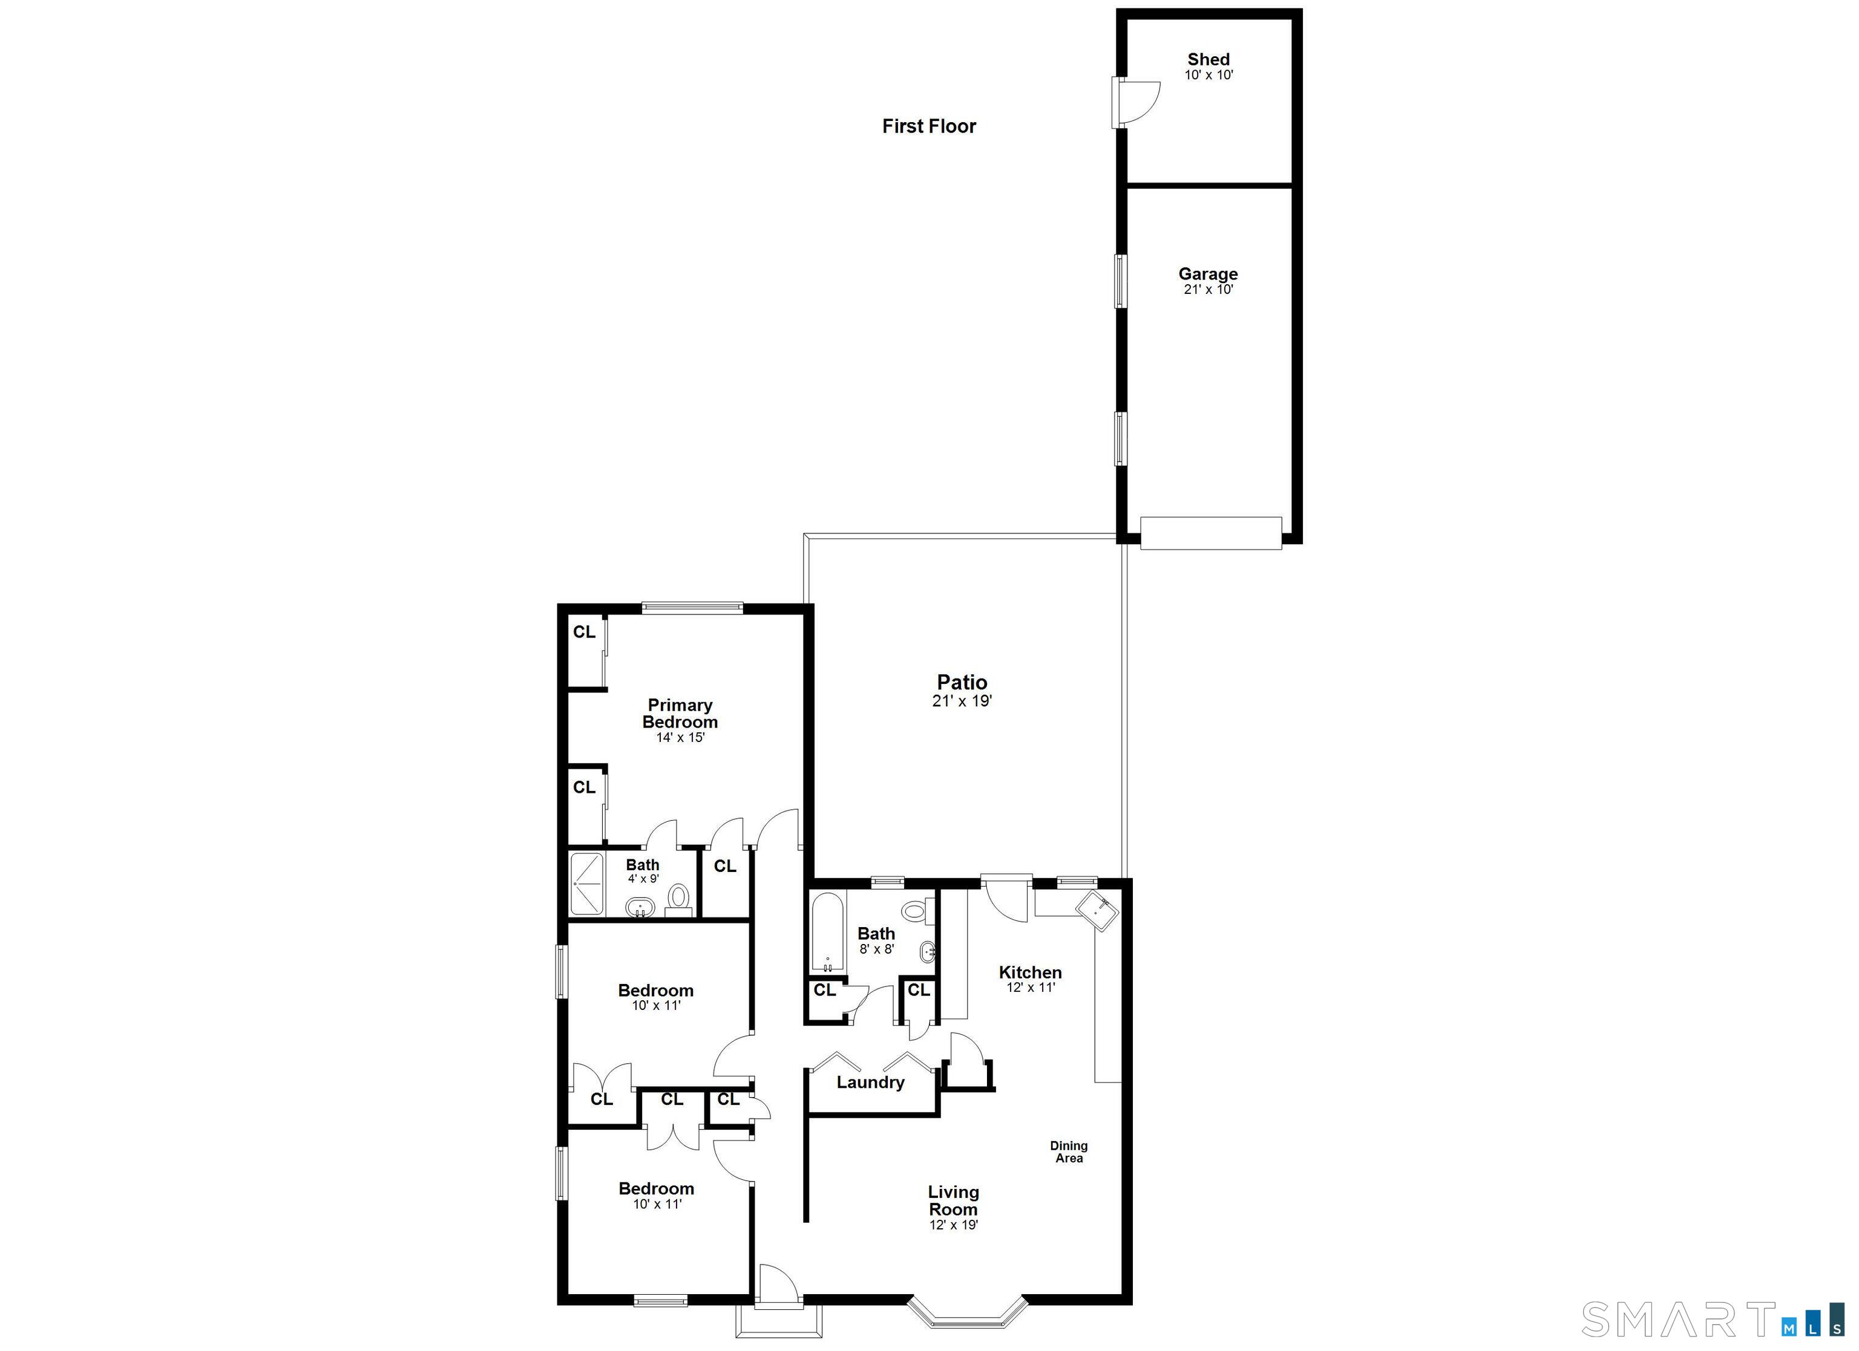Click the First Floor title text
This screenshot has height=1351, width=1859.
click(929, 126)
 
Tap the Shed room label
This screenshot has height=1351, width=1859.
click(1208, 59)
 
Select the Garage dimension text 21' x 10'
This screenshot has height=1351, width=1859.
click(1208, 289)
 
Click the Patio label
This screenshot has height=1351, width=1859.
click(962, 682)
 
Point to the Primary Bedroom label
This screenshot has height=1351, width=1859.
click(680, 713)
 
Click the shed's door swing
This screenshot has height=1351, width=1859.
click(1138, 102)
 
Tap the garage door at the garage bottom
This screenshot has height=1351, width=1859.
click(1211, 533)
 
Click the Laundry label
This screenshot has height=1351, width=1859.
click(870, 1082)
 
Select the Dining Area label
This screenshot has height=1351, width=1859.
click(1069, 1152)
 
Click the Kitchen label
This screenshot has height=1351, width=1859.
click(1031, 972)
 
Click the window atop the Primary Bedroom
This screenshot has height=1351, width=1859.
click(693, 608)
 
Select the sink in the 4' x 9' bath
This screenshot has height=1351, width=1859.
click(640, 908)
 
